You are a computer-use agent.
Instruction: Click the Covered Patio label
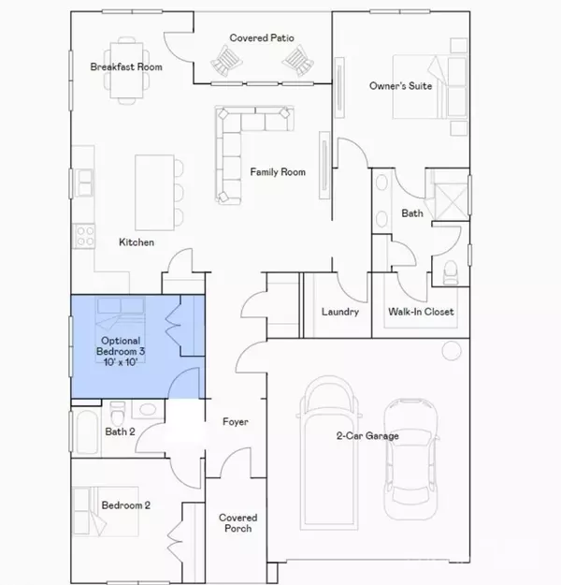[x=262, y=38]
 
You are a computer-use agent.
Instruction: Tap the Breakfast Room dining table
[x=127, y=70]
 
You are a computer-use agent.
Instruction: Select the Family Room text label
[x=278, y=172]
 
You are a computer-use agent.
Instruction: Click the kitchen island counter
[x=154, y=193]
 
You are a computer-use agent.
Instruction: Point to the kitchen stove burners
[x=85, y=236]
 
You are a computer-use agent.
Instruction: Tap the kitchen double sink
[x=84, y=183]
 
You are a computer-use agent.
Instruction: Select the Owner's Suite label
[x=401, y=86]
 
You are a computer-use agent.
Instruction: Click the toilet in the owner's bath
[x=451, y=272]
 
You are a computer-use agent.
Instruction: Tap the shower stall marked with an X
[x=451, y=202]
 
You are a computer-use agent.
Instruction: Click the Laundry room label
[x=340, y=312]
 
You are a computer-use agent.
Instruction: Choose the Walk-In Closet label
[x=421, y=312]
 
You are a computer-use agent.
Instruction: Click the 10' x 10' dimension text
[x=121, y=362]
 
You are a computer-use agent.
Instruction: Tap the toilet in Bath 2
[x=118, y=413]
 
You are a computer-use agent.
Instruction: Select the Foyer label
[x=236, y=422]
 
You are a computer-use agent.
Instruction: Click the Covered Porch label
[x=238, y=523]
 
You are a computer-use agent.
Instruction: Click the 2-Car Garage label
[x=367, y=436]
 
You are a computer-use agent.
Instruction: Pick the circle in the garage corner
[x=452, y=351]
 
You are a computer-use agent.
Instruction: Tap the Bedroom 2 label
[x=126, y=505]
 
